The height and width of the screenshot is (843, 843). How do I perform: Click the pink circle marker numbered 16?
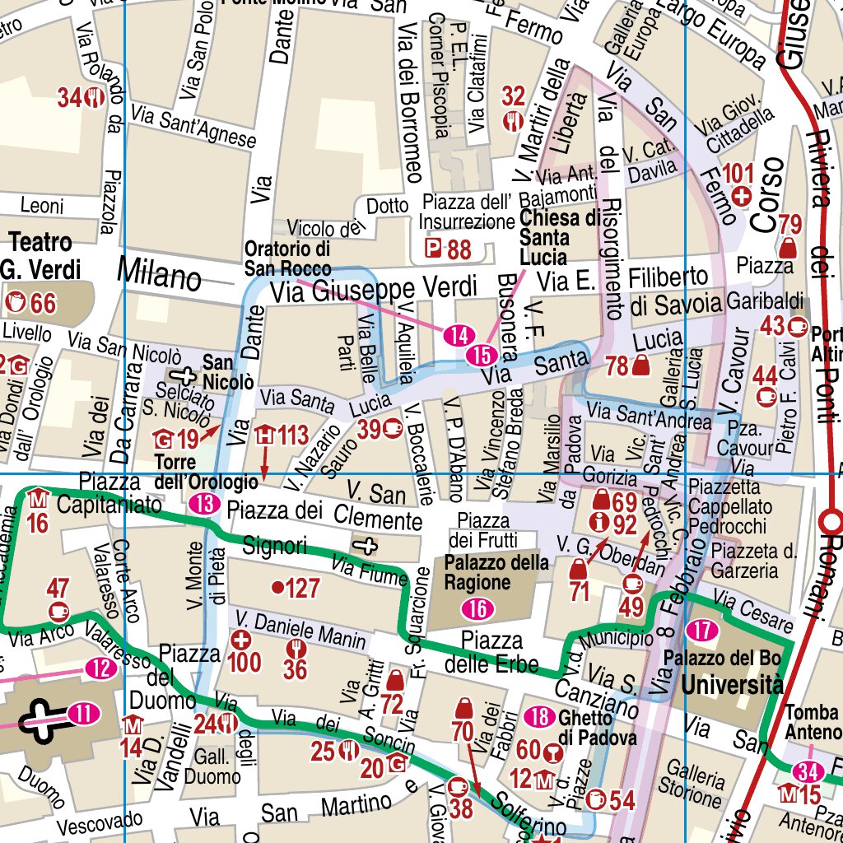coord(477,609)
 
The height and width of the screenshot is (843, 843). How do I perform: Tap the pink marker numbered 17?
coord(701,631)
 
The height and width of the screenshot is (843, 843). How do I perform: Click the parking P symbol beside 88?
coord(432,249)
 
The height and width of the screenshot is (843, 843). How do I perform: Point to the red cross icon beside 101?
coord(741,196)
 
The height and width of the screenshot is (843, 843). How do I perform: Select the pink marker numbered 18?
coord(539,717)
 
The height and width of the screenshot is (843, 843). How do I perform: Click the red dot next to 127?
coord(277,588)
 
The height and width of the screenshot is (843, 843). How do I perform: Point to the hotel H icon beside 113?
coord(265,435)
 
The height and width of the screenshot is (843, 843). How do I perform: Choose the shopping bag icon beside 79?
coord(789,246)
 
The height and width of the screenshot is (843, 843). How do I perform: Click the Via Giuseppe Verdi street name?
coord(375,288)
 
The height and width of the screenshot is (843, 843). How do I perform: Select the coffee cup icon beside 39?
coord(392,428)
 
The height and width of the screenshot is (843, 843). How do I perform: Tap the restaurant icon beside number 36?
coord(296,649)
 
